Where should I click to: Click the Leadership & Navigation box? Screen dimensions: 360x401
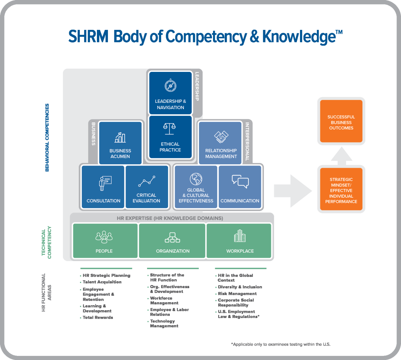coord(170,93)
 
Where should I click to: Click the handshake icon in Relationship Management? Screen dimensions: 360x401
coord(221,137)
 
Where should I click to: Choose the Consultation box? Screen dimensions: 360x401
coord(103,187)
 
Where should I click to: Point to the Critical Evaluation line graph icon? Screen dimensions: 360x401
coord(147,181)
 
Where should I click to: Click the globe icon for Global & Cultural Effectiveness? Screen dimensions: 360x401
coord(196,179)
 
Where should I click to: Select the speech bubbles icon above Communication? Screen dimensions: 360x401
coord(240,181)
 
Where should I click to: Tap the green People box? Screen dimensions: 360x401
coord(104,241)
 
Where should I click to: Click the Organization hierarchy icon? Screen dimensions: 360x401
coord(172,237)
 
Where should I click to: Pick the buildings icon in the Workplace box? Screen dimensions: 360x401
coord(240,237)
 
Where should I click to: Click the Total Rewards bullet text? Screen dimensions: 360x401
coord(98,317)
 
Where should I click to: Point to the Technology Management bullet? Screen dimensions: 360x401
coord(164,324)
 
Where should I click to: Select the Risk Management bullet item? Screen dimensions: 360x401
coord(237,294)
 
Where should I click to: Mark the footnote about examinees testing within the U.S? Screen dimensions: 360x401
coord(281,344)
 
